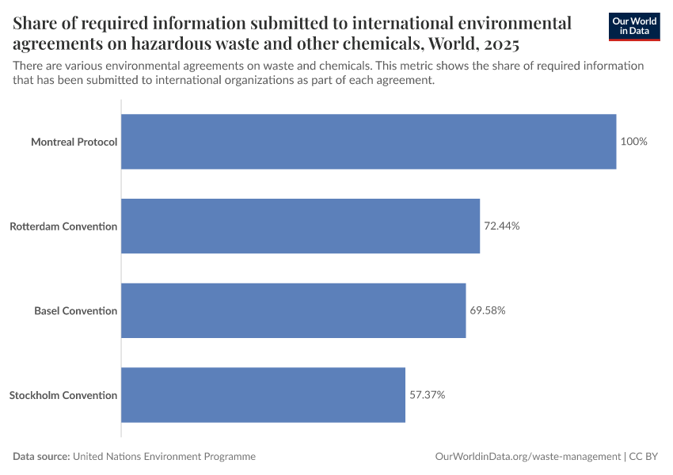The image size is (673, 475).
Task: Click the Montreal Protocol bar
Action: [x=368, y=142]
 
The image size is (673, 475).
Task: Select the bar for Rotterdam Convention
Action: [x=300, y=226]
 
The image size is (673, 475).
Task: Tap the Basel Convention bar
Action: [x=293, y=310]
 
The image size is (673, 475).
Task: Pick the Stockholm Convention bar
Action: [x=263, y=394]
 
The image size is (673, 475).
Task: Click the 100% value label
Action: [x=634, y=142]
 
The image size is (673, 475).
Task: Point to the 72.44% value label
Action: [x=502, y=226]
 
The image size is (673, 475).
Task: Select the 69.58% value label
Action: [x=488, y=310]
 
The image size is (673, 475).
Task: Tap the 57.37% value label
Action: [x=428, y=394]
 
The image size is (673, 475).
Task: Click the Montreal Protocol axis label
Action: [x=74, y=142]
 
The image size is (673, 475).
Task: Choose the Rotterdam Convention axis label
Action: [x=63, y=226]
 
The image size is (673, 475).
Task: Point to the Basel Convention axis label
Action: [x=75, y=310]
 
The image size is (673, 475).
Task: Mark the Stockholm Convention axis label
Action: [x=63, y=395]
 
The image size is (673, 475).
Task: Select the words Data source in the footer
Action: [x=41, y=457]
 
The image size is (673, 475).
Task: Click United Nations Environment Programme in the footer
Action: [x=164, y=457]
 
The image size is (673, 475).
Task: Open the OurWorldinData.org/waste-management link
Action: [x=528, y=457]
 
